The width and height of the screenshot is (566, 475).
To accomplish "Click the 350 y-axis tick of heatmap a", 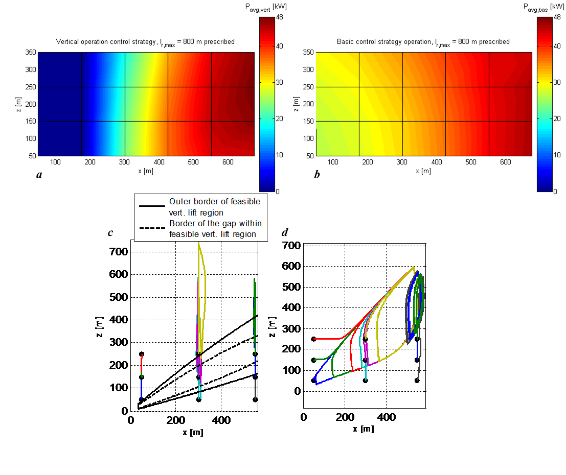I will pyautogui.click(x=32, y=53).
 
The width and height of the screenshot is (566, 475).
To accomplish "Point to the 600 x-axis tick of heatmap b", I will pyautogui.click(x=505, y=162).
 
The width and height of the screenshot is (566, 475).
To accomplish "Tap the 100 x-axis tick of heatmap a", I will pyautogui.click(x=55, y=162).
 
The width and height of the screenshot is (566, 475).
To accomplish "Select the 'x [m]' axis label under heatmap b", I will pyautogui.click(x=423, y=171).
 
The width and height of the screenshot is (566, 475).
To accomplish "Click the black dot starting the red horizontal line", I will pyautogui.click(x=314, y=339).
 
